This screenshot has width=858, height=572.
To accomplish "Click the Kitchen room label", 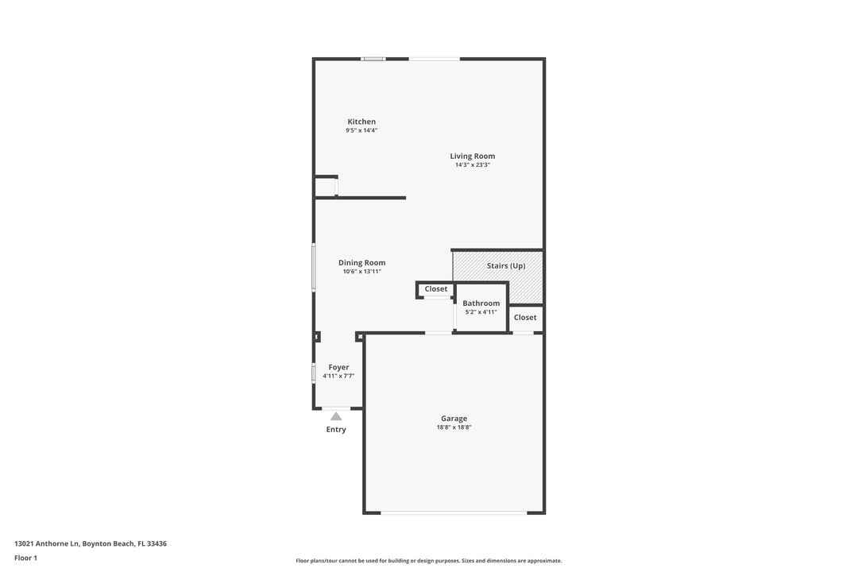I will pyautogui.click(x=361, y=122).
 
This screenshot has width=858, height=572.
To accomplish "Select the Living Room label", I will pyautogui.click(x=473, y=157).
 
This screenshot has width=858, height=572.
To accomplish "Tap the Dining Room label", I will pyautogui.click(x=361, y=263).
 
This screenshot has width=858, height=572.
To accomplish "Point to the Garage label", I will pyautogui.click(x=454, y=419).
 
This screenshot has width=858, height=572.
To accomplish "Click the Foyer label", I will pyautogui.click(x=338, y=367).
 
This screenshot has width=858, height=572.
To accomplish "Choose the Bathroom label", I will pyautogui.click(x=481, y=303).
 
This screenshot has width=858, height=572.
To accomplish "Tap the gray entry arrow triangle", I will pyautogui.click(x=336, y=416).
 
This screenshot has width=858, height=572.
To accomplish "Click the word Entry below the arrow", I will pyautogui.click(x=336, y=430).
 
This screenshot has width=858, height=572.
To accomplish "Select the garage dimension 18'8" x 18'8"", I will pyautogui.click(x=454, y=427).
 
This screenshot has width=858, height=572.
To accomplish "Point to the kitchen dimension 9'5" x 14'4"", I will pyautogui.click(x=361, y=130).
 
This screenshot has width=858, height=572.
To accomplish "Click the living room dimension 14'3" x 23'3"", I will pyautogui.click(x=473, y=165).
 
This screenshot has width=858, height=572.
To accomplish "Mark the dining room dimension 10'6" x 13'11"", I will pyautogui.click(x=362, y=272).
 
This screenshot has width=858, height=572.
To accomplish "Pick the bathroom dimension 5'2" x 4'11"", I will pyautogui.click(x=481, y=312).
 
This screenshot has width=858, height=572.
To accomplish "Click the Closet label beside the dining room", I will pyautogui.click(x=436, y=289).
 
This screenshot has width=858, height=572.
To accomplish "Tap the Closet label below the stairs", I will pyautogui.click(x=525, y=317).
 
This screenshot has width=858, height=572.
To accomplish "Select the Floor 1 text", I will pyautogui.click(x=25, y=558).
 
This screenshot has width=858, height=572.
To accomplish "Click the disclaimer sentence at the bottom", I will pyautogui.click(x=429, y=561).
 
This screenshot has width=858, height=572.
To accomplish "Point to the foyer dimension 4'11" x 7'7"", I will pyautogui.click(x=338, y=376).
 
